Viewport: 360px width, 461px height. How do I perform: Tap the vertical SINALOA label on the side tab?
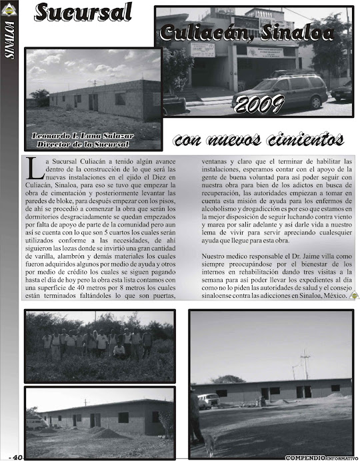point(9,41)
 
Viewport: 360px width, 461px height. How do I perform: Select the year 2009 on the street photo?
point(261,103)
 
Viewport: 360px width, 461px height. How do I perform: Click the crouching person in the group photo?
point(119,349)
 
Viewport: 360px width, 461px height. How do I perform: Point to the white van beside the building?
point(209,400)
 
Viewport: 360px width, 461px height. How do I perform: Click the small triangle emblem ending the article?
point(355,296)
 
